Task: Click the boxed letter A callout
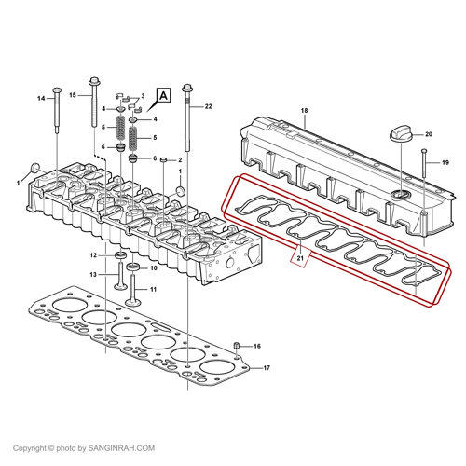click(164, 95)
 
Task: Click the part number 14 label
click(41, 99)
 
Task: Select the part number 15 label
click(73, 95)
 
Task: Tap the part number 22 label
click(208, 106)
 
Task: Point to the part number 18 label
click(304, 110)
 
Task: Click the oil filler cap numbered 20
click(401, 134)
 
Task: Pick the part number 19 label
click(445, 162)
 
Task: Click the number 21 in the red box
click(300, 258)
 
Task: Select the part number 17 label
click(267, 368)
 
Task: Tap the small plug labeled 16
click(236, 345)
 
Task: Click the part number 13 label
click(93, 275)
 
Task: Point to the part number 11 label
click(153, 289)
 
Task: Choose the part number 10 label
click(154, 267)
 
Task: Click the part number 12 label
click(93, 255)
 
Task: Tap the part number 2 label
click(180, 160)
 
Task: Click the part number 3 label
click(143, 96)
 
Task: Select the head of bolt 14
click(57, 90)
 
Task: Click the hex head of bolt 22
click(187, 88)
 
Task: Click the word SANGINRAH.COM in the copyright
click(121, 448)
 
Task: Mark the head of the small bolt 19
click(424, 151)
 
